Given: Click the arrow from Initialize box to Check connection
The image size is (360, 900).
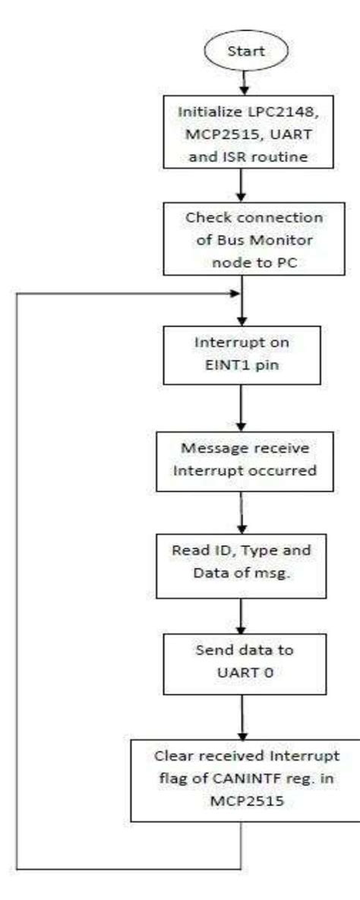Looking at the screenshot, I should pos(243,185).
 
